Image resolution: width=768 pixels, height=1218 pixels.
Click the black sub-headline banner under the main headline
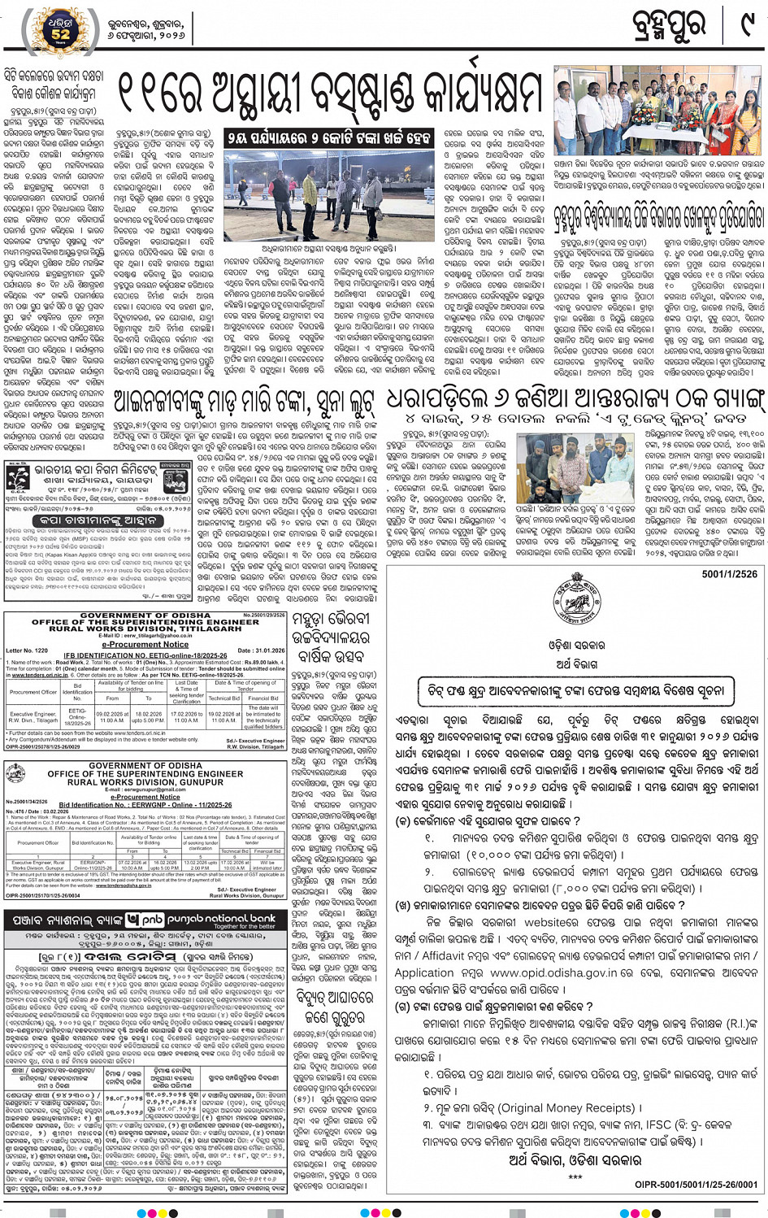pos(329,139)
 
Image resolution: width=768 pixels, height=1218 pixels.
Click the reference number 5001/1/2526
pos(731,574)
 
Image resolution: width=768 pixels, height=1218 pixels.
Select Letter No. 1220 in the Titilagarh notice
pos(28,650)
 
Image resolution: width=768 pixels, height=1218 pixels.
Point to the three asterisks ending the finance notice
pos(575,1177)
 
